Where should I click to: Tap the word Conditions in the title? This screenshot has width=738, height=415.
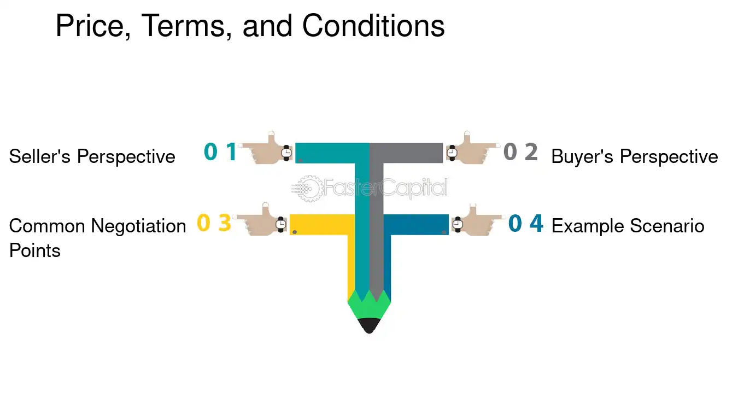[x=373, y=26]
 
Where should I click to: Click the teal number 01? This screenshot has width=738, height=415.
[x=220, y=151]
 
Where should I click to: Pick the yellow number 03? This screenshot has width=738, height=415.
[x=214, y=223]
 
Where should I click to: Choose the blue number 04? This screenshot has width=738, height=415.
[x=526, y=223]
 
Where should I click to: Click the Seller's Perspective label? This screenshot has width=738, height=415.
[x=92, y=156]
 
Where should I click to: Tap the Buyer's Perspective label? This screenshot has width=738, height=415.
[x=635, y=156]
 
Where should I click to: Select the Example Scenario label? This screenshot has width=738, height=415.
[x=628, y=226]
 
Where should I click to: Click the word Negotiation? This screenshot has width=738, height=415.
[x=138, y=227]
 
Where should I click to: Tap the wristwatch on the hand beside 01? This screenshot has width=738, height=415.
[x=286, y=153]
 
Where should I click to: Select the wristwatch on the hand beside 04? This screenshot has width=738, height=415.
[x=457, y=224]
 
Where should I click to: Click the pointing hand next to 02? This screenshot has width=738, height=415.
[x=472, y=150]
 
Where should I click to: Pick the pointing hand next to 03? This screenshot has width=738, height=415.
[x=260, y=220]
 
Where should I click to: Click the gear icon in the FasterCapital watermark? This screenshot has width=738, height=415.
[x=308, y=189]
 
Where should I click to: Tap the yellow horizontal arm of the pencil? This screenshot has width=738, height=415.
[x=322, y=225]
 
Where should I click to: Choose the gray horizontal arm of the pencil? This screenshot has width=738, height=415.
[x=406, y=153]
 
